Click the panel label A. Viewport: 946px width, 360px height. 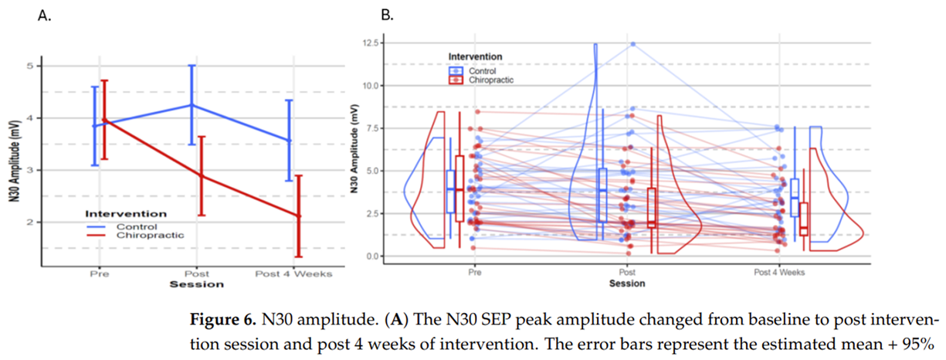44,15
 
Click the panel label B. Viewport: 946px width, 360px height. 387,15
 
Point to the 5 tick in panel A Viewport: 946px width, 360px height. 29,66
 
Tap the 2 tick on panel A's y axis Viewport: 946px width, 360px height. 29,222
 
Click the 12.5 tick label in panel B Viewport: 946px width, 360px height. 371,43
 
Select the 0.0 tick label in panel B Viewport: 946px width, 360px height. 372,256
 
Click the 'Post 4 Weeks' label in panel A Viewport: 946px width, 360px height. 293,273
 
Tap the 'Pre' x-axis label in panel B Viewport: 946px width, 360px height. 475,272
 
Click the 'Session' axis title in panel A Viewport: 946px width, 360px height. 197,284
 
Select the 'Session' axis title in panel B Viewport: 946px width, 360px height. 627,284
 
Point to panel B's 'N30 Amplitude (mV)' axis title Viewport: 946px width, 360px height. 354,149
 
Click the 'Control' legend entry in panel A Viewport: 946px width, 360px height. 137,227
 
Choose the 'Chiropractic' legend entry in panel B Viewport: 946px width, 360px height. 491,80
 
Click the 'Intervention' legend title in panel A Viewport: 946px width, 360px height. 126,214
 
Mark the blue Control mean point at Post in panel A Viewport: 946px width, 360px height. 192,105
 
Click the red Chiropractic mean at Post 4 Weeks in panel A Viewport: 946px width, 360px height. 299,216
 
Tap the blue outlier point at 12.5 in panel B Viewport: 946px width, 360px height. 633,44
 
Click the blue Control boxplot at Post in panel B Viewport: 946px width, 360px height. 602,195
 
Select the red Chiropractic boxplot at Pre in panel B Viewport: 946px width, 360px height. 459,188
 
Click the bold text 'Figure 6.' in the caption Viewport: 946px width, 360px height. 223,319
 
